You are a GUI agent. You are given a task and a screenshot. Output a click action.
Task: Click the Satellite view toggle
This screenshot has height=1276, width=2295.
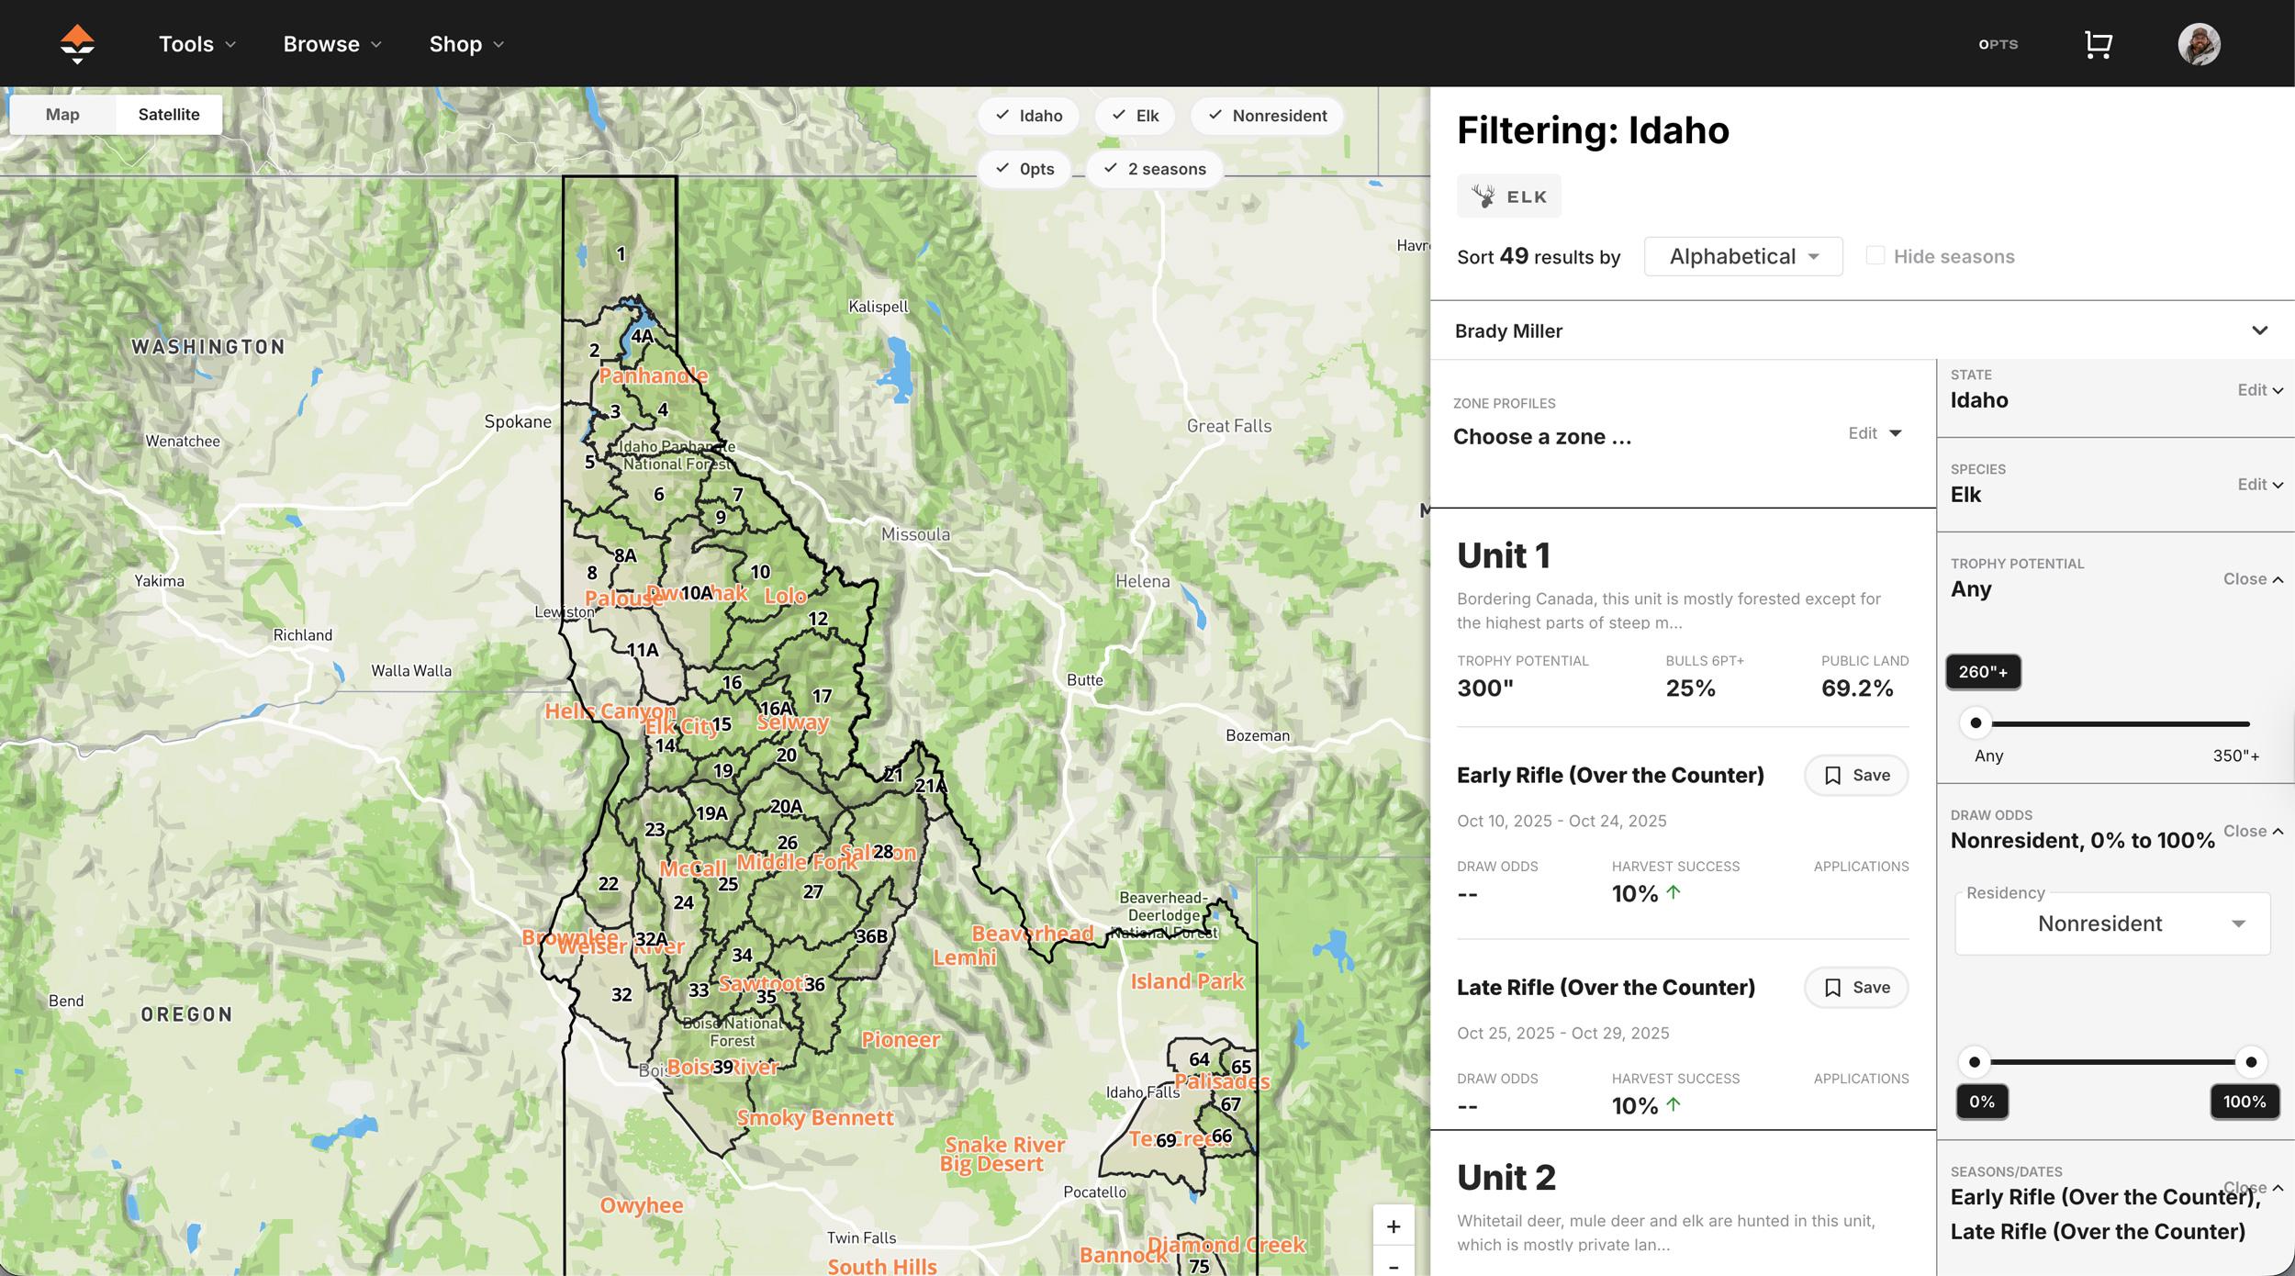[x=169, y=115]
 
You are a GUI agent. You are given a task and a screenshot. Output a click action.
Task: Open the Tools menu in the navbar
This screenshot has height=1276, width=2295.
[x=197, y=44]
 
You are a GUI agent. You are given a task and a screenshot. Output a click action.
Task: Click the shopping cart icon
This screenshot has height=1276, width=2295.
[x=2098, y=44]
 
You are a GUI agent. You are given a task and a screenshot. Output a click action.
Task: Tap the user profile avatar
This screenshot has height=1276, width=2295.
[x=2199, y=44]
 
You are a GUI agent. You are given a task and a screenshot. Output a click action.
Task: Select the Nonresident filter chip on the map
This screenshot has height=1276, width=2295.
[x=1267, y=116]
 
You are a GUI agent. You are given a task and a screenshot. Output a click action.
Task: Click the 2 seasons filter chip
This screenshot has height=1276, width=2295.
[x=1154, y=169]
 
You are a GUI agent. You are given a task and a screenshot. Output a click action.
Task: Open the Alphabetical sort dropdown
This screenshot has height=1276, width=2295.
[x=1742, y=256]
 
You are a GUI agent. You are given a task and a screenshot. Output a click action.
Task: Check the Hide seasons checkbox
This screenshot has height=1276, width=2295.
[x=1875, y=256]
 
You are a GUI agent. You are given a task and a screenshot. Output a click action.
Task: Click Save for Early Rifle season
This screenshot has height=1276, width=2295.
[x=1855, y=776]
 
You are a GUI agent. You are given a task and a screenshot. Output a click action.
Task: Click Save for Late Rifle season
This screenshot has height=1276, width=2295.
[x=1855, y=988]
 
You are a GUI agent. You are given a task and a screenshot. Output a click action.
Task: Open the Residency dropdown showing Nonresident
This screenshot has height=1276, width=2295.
[x=2111, y=923]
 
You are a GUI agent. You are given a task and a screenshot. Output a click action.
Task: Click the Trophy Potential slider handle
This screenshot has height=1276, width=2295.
[x=1976, y=723]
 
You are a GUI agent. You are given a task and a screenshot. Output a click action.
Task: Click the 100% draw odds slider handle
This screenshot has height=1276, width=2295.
[x=2250, y=1062]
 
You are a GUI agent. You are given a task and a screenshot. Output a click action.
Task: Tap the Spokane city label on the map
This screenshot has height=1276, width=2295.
[x=518, y=421]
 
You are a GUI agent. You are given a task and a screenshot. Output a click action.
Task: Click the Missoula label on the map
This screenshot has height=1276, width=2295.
[x=915, y=534]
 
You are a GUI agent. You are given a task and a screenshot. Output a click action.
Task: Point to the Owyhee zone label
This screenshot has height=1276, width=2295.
[x=641, y=1205]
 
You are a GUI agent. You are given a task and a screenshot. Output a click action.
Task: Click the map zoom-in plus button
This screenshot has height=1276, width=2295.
[x=1393, y=1226]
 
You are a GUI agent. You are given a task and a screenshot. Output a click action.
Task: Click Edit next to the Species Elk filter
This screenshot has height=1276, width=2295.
[x=2259, y=485]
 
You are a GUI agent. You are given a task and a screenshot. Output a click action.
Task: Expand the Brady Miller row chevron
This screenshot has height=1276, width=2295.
[x=2259, y=330]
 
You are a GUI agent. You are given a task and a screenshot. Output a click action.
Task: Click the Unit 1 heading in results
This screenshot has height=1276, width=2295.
[x=1503, y=555]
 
